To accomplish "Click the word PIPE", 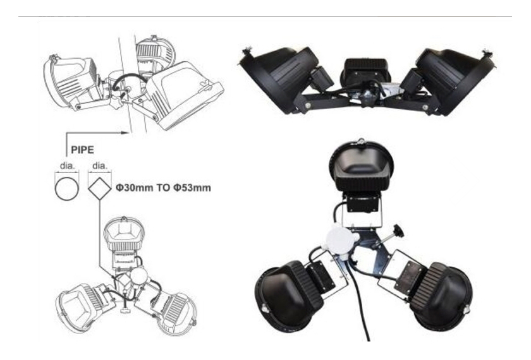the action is tap(82, 150).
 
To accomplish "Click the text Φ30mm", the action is tap(135, 188).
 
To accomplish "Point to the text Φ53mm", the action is tap(192, 188).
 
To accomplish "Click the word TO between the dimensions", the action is tap(163, 188).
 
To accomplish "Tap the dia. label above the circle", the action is tap(67, 165).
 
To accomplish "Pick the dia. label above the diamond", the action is tap(100, 165).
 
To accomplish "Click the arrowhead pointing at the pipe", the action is tap(126, 133).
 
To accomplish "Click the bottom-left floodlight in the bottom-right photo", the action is tap(291, 296).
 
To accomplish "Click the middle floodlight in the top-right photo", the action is tap(366, 72).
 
